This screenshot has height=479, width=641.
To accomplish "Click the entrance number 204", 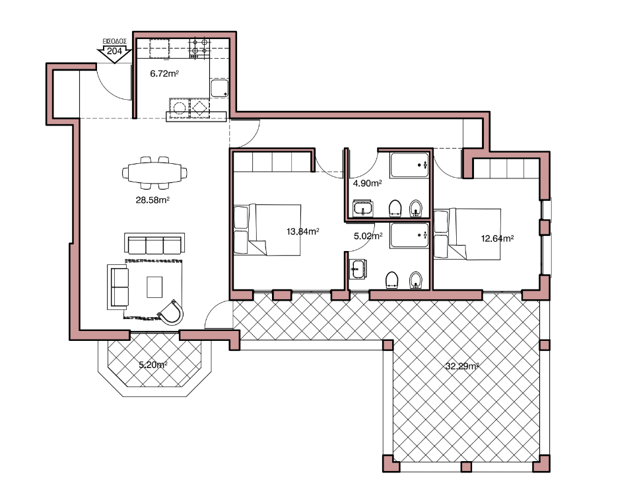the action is (114, 51).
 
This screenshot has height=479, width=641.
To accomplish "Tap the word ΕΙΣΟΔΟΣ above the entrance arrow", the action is (114, 42).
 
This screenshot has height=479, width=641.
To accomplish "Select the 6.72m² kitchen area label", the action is (164, 73).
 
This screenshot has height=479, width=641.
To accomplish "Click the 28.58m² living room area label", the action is (152, 200).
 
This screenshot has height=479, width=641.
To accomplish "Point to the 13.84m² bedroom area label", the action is (303, 231).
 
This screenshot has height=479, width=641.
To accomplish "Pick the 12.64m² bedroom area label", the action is (497, 239).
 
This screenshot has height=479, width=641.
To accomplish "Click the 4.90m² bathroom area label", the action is (368, 183).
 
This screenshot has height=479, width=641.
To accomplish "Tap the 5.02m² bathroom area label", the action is (368, 236).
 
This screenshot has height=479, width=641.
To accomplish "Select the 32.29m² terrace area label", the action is (462, 366).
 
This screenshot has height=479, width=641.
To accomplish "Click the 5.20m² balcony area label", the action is (153, 365).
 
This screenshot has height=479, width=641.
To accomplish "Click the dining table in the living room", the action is (155, 173).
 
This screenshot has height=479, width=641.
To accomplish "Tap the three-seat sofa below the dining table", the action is (154, 244).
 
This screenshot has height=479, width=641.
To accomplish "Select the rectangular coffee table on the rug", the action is (154, 287).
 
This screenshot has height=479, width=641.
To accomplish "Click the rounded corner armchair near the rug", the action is (171, 313).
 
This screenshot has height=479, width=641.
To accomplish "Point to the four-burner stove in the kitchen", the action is (199, 47).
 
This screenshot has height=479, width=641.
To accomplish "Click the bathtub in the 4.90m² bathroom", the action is (409, 165).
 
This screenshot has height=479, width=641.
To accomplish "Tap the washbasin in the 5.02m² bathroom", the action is (358, 270).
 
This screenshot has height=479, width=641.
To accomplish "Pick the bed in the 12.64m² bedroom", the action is (467, 234).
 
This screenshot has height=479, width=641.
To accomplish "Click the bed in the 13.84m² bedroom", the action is (267, 230).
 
